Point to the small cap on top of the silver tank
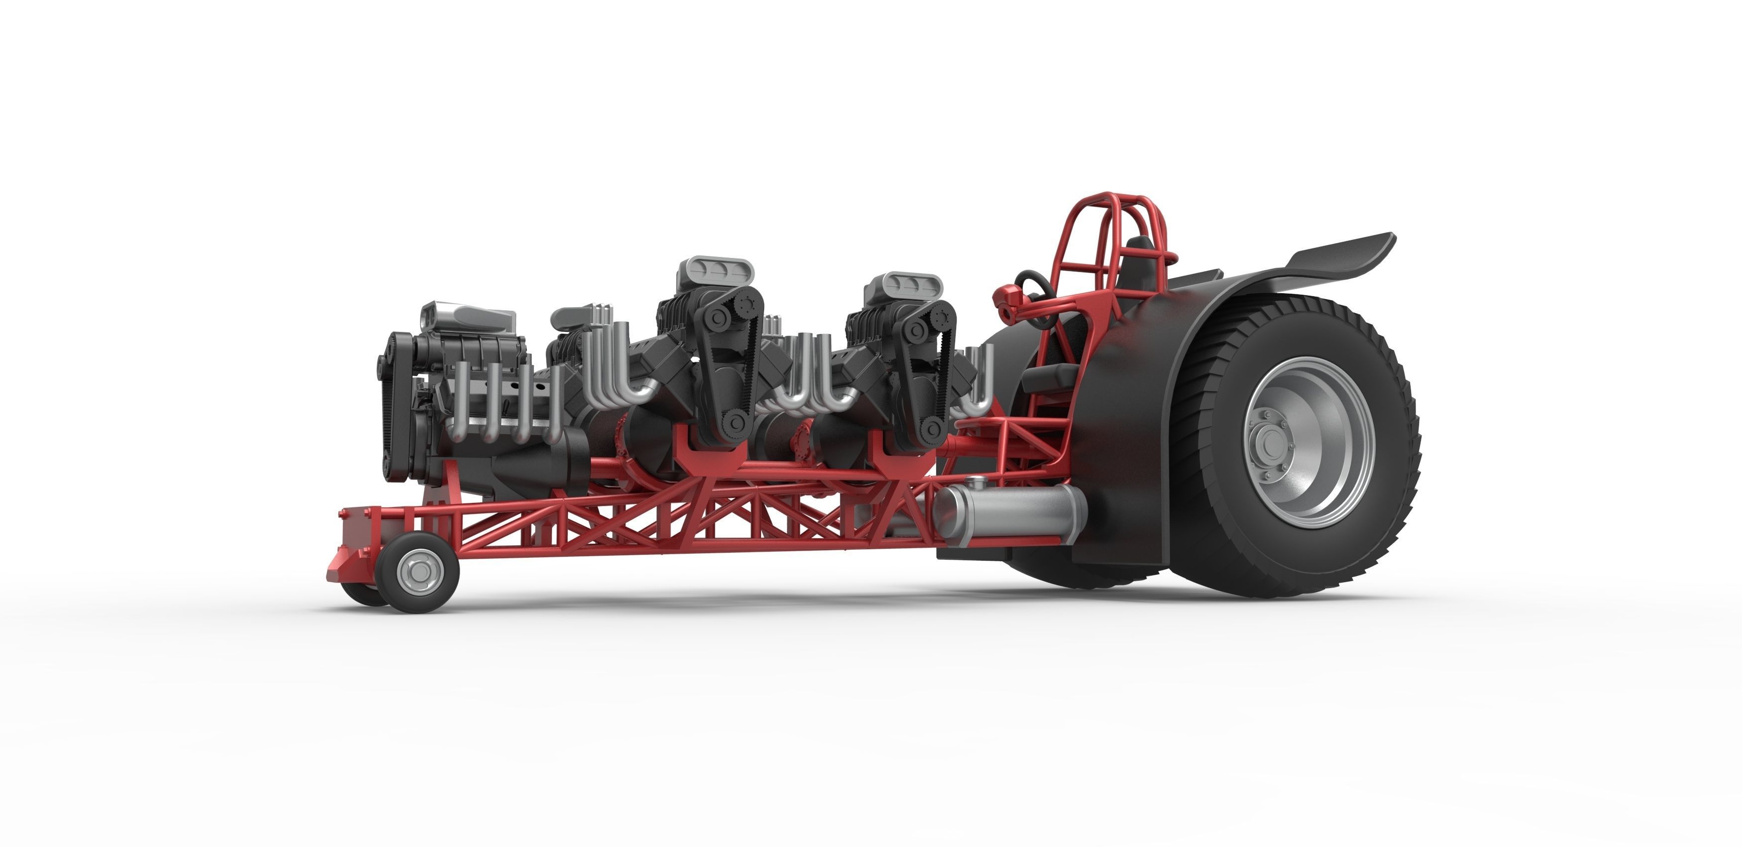click(975, 483)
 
